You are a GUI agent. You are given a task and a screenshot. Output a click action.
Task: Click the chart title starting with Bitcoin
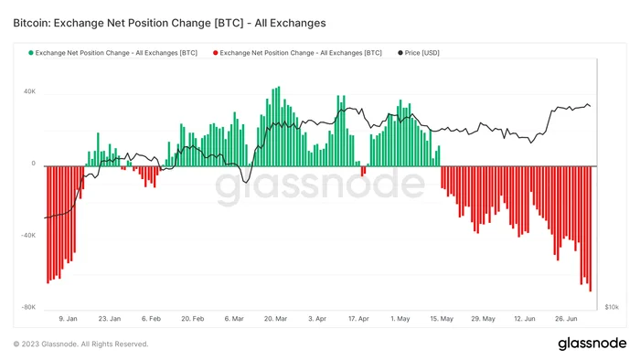coord(169,23)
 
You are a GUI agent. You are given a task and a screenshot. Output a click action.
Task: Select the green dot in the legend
coord(30,53)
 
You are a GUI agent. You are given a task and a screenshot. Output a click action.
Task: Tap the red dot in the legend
coord(215,53)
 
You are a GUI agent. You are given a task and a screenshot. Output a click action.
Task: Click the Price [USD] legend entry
coord(419,53)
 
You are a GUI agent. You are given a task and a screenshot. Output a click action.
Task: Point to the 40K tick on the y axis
coord(29,91)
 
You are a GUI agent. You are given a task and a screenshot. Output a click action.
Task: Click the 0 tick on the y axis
coord(34,164)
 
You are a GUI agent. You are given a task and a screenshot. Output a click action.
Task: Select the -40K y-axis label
coord(28,235)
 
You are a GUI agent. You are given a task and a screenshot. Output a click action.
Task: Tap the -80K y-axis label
coord(28,307)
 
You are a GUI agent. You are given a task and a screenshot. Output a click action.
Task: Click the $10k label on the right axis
coord(612,307)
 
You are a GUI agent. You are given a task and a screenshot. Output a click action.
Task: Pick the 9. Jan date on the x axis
coord(68,318)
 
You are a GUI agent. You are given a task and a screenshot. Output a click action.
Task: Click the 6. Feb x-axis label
coord(151,318)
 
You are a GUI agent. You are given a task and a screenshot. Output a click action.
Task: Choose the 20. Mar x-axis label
coord(275,318)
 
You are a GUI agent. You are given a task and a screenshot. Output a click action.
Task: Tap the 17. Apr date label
coord(358,318)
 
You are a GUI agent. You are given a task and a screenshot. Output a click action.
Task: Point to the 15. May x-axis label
coord(442,318)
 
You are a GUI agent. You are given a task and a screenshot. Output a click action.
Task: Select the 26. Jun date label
coord(566,318)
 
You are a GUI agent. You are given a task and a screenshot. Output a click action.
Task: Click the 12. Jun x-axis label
coord(525,318)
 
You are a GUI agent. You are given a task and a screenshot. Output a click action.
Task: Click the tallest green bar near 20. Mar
coord(279,126)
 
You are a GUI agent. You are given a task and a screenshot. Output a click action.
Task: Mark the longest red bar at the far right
coord(591,228)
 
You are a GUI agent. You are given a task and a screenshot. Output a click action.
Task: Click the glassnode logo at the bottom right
coord(592,344)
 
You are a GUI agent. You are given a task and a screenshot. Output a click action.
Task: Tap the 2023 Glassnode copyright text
coord(80,344)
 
